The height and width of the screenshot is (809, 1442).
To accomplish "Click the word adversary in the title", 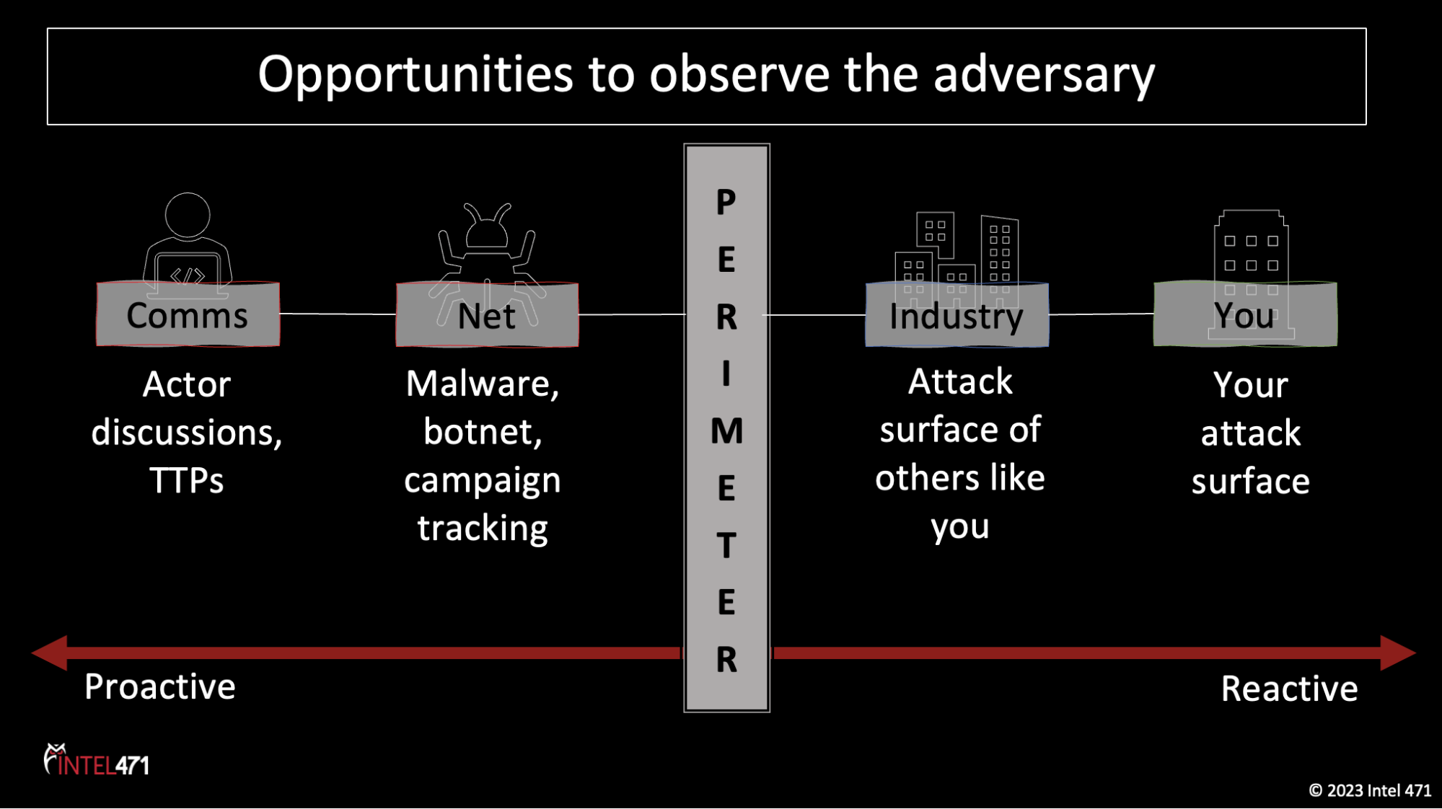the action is [x=1044, y=75].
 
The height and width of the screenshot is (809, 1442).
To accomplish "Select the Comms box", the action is [x=188, y=315].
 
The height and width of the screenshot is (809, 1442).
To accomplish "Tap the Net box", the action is [x=487, y=316].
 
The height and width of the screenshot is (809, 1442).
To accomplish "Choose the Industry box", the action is [x=957, y=316].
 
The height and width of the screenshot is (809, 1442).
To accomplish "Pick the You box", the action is [x=1244, y=315].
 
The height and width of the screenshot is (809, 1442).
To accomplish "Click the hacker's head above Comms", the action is [x=188, y=215].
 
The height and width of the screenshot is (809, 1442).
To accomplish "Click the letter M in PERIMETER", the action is [x=726, y=431].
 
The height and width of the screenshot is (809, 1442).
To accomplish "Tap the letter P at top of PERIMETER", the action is [x=726, y=203].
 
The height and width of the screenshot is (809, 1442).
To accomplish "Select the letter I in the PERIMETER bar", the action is [x=726, y=374].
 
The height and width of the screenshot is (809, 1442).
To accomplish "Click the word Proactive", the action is [x=159, y=686].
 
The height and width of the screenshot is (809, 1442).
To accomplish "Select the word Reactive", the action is [x=1289, y=689].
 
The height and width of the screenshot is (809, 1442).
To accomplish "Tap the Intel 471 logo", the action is [x=97, y=761].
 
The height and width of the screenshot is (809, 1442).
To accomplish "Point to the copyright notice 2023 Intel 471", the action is [x=1370, y=791].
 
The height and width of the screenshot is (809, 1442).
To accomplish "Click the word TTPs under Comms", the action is [x=186, y=481].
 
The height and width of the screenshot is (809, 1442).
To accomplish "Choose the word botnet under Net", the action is [x=483, y=432].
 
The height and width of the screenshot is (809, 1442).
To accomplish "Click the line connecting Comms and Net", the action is [x=338, y=314].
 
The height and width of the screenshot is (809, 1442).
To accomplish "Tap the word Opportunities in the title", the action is [x=415, y=75].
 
